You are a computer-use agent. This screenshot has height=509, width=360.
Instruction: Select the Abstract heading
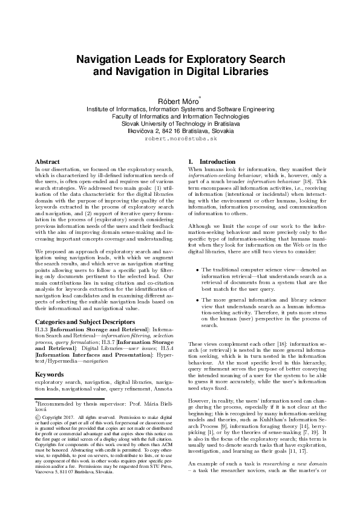point(48,162)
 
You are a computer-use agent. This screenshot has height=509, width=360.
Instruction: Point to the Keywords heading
point(50,358)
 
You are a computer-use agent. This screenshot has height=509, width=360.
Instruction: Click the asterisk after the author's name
point(200,97)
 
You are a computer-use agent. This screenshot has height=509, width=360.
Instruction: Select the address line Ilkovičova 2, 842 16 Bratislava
point(180,131)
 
